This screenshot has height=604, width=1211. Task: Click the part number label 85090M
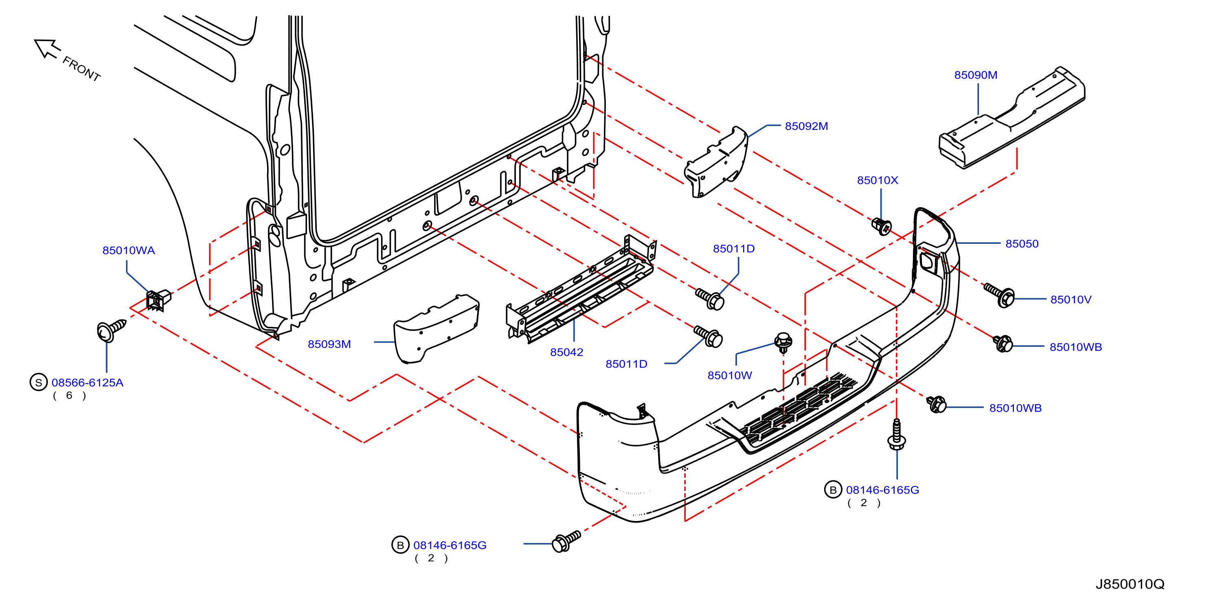(x=976, y=75)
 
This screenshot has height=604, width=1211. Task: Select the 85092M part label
(x=806, y=127)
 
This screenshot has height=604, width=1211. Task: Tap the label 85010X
(x=877, y=180)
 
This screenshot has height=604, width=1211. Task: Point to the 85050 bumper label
(x=1022, y=244)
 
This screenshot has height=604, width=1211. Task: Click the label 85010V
(x=1071, y=300)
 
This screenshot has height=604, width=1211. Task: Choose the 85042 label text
(x=566, y=352)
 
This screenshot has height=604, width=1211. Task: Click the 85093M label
(x=329, y=345)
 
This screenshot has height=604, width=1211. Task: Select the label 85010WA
(x=128, y=251)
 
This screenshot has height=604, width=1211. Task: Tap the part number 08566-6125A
(x=88, y=383)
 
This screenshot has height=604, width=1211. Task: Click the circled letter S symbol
(x=39, y=382)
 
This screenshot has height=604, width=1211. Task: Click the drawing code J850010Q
(x=1130, y=584)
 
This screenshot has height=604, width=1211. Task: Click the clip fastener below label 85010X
(x=882, y=227)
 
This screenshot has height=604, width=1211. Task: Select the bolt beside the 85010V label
(x=999, y=295)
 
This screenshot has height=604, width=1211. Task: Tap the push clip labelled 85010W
(x=783, y=343)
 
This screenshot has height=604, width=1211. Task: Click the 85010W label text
(x=730, y=376)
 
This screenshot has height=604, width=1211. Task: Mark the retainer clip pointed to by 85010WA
(x=158, y=300)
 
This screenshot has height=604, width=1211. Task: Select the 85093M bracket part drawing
(x=436, y=329)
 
